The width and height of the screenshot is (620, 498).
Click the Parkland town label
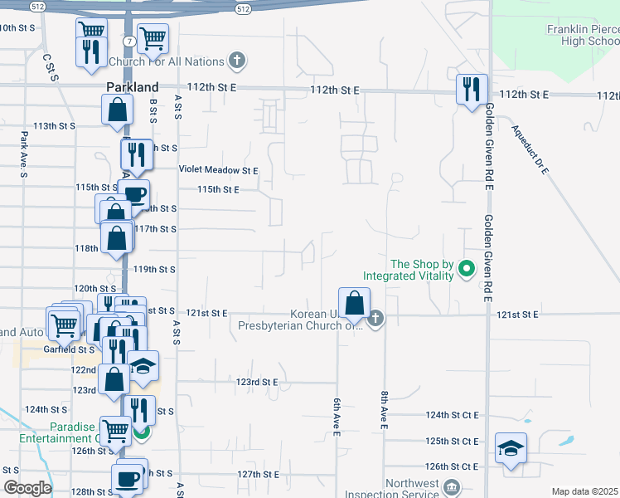point(132,87)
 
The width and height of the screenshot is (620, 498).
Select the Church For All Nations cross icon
point(237,61)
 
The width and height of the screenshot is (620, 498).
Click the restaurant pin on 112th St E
point(472,89)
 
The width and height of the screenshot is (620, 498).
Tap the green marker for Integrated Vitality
point(466,269)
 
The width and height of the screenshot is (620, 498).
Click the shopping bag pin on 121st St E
point(355,303)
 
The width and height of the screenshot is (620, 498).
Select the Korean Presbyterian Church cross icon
point(376,318)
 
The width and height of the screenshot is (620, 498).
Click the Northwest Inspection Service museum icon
point(451,486)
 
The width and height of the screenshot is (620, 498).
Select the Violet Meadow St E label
point(219,170)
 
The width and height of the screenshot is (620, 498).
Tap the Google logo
point(27,488)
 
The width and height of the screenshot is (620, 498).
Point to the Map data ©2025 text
point(584,491)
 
